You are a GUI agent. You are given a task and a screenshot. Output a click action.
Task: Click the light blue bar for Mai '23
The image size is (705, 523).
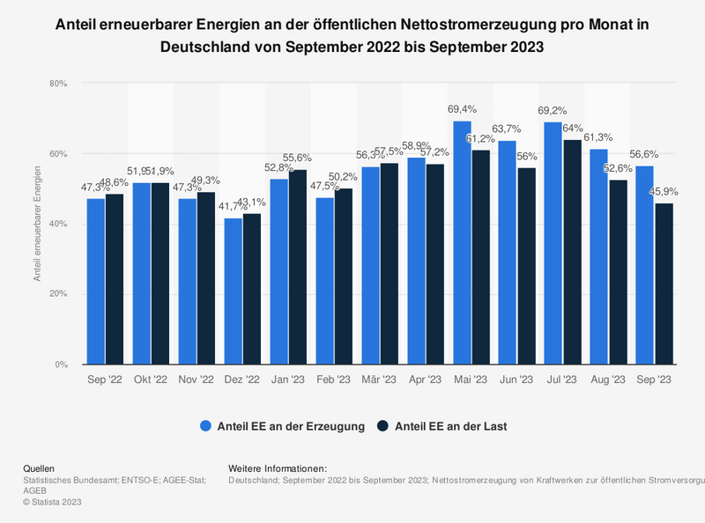click(x=462, y=242)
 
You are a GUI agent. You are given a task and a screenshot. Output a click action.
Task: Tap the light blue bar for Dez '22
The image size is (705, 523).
click(x=233, y=291)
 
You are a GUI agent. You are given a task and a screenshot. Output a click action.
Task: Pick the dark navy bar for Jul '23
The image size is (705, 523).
click(x=572, y=252)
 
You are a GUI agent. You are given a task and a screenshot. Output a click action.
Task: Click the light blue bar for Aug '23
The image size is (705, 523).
click(x=599, y=256)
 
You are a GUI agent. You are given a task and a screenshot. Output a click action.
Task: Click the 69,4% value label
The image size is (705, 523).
click(x=462, y=109)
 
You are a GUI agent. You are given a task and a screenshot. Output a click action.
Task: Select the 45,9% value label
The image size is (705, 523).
click(x=664, y=191)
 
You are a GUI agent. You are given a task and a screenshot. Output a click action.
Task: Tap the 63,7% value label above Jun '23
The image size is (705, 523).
click(x=508, y=129)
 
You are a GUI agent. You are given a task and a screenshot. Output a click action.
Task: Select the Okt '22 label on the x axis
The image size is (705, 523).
click(x=150, y=379)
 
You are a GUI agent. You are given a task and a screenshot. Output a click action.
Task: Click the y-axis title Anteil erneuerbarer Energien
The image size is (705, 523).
click(x=37, y=224)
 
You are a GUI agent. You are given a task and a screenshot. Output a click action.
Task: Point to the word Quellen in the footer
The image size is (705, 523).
click(x=39, y=468)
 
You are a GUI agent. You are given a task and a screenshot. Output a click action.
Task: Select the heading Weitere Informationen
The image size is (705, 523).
click(x=277, y=468)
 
